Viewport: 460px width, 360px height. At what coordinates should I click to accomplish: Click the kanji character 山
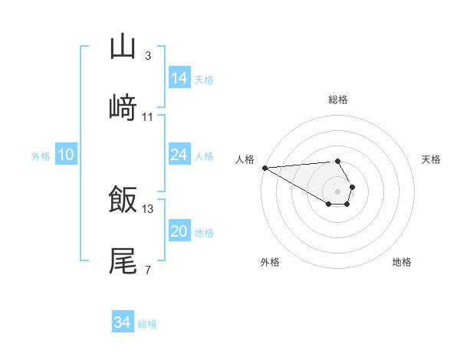click(x=123, y=47)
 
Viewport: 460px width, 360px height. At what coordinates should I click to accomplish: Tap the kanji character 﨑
click(x=123, y=108)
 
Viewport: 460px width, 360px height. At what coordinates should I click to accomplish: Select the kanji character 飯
click(x=123, y=200)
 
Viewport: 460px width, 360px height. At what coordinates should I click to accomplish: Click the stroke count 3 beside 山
click(x=148, y=56)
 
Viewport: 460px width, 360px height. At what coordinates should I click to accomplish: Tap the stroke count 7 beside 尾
click(x=148, y=270)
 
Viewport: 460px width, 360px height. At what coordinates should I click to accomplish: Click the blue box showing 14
click(x=179, y=78)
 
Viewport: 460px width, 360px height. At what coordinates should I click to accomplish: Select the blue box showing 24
click(x=179, y=155)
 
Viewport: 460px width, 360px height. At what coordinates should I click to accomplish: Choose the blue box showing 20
click(x=179, y=231)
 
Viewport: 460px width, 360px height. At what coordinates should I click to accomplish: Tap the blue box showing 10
click(x=66, y=155)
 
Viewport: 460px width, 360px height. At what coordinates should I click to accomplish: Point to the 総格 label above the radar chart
click(x=338, y=100)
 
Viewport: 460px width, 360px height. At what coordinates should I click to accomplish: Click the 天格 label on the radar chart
click(x=432, y=159)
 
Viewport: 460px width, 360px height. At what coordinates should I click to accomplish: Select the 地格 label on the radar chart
click(x=402, y=262)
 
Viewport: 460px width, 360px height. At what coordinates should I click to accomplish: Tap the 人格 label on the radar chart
click(x=245, y=159)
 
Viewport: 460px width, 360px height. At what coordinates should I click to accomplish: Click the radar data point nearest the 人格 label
click(x=264, y=168)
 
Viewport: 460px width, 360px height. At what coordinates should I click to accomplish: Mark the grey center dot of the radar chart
click(x=338, y=191)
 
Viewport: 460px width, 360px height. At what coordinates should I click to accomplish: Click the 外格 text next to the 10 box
click(x=41, y=155)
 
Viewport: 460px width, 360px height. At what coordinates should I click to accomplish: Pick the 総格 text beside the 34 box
click(x=147, y=324)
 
